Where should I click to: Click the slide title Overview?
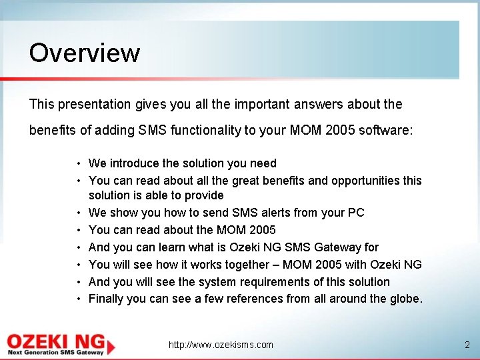pos(85,53)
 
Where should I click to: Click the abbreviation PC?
pos(356,213)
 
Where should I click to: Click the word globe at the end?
pos(405,299)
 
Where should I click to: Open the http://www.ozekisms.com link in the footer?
pos(221,345)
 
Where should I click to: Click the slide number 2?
pos(467,345)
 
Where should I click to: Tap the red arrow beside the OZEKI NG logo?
pos(111,345)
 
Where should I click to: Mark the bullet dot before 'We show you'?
pos(79,213)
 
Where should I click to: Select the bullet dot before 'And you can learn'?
pos(79,248)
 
